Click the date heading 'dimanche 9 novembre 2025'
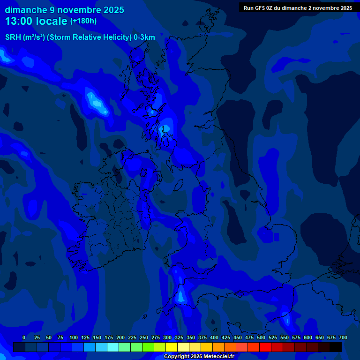coord(65,10)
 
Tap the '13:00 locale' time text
coord(36,21)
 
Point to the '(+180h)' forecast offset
coord(83,21)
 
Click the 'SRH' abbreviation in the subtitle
coord(13,37)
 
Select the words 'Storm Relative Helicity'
coord(89,37)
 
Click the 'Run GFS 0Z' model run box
coord(298,7)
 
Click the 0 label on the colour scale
coord(24,337)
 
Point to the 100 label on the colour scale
coord(73,337)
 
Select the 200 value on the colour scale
coord(120,337)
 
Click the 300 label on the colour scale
coord(167,337)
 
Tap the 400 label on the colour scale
coord(214,337)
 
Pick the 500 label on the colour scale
coord(261,337)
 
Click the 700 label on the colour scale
coord(343,337)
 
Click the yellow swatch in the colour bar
coord(172,347)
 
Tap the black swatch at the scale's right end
coord(336,347)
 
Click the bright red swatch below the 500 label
coord(265,347)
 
